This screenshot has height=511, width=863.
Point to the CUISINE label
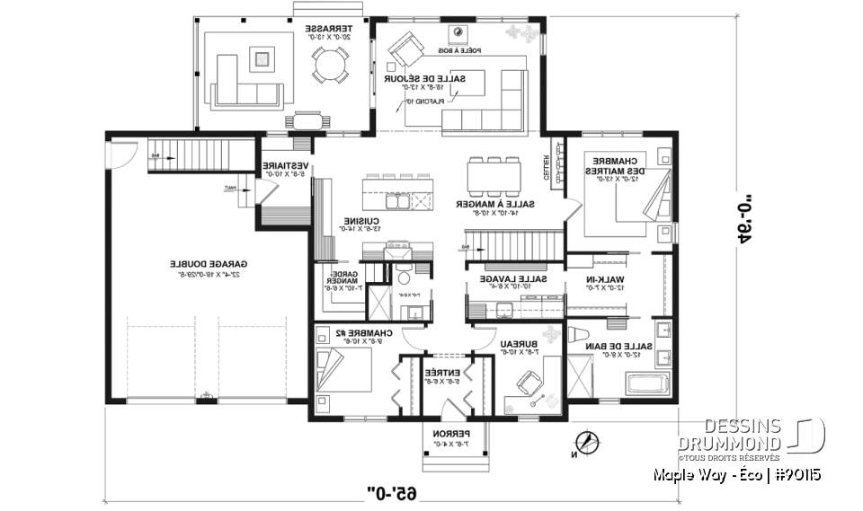click(362, 221)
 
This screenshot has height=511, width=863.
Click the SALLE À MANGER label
click(494, 204)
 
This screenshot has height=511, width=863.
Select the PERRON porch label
click(453, 434)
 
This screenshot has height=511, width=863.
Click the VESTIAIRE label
click(287, 166)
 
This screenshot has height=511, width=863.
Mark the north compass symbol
click(588, 441)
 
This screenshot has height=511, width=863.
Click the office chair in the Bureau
click(521, 383)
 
